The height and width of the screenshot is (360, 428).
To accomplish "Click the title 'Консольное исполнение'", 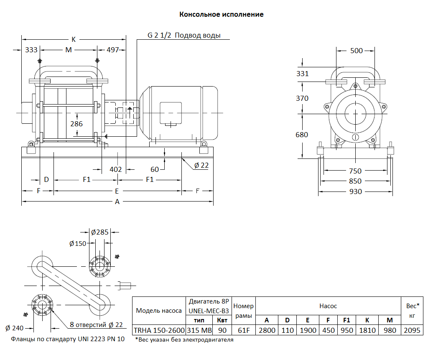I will [x=221, y=15].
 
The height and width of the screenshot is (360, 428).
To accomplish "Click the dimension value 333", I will [x=31, y=50].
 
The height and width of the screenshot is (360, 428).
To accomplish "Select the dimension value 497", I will [x=113, y=50].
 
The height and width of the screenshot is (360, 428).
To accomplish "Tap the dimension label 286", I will [x=76, y=124].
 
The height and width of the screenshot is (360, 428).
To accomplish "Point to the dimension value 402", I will [x=115, y=169].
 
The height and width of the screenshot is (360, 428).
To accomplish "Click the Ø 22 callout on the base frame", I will [x=201, y=165].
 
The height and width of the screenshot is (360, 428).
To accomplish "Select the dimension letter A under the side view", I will [x=117, y=202].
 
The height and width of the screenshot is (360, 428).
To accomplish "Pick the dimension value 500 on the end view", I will [x=356, y=51].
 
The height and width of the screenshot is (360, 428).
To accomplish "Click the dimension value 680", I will [x=302, y=135].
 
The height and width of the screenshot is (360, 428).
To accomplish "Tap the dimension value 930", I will [x=356, y=191].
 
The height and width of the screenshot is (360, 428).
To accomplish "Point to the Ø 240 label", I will [x=15, y=327].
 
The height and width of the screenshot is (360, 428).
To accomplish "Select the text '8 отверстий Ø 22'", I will [x=96, y=325].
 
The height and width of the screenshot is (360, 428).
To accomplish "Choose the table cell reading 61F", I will [x=243, y=330].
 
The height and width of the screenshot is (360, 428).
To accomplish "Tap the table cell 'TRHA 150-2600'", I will [x=159, y=330].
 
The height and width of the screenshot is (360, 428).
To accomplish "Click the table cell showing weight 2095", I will [x=412, y=330].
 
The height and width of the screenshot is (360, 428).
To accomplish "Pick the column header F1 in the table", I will [x=346, y=320].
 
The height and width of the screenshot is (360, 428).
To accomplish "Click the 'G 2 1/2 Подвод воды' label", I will [x=184, y=36].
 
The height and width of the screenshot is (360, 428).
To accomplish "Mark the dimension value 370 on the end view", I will [x=302, y=98].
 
